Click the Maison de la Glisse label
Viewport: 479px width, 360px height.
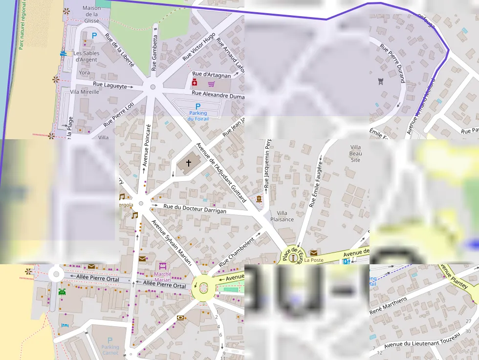(x=91, y=14)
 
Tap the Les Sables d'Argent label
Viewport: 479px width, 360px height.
(x=87, y=56)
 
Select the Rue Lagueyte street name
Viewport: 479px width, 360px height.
(x=109, y=85)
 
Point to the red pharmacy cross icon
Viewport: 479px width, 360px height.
(x=194, y=83)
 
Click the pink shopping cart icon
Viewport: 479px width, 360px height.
(x=211, y=84)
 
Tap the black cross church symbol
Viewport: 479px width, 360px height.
(x=188, y=163)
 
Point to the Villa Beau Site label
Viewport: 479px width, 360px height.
(x=355, y=153)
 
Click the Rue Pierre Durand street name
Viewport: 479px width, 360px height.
(x=392, y=63)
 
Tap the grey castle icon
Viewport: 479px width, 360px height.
(x=381, y=81)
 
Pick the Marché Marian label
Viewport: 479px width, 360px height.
(x=163, y=277)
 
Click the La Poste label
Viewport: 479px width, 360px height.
(x=314, y=260)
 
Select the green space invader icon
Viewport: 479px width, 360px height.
(x=62, y=292)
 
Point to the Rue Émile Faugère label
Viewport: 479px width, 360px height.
(x=316, y=182)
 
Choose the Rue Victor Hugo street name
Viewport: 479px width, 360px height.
(x=199, y=47)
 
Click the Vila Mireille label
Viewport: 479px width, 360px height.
(x=85, y=92)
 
